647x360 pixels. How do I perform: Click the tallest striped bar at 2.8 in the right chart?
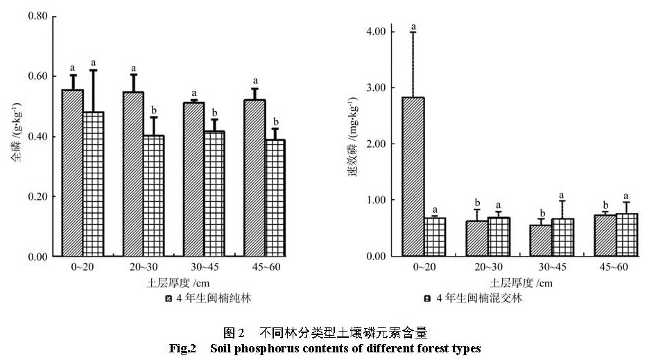tap(413, 177)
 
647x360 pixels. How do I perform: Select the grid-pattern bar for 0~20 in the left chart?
tap(93, 185)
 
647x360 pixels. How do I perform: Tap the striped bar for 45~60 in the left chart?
tap(255, 178)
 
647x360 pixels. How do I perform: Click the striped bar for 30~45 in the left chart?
tap(194, 180)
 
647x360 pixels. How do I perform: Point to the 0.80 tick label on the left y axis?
tap(38, 15)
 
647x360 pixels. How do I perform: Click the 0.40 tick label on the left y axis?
tap(38, 137)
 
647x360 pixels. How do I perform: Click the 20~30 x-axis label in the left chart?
tap(144, 267)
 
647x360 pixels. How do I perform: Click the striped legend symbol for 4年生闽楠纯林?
tap(169, 299)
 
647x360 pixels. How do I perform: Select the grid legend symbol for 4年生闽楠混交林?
tap(429, 299)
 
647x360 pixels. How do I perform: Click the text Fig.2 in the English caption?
tap(183, 348)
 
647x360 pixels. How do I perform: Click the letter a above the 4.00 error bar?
tap(413, 27)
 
